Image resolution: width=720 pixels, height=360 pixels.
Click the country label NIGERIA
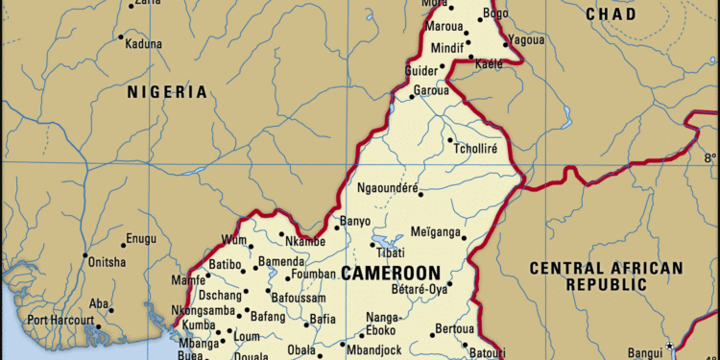[x=167, y=92]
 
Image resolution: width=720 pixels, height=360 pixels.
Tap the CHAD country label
[x=611, y=14]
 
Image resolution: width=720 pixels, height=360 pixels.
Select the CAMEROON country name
[x=391, y=274]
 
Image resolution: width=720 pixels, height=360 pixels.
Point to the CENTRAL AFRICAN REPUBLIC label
[x=606, y=276]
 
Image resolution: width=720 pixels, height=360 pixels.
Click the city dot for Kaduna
[x=121, y=37]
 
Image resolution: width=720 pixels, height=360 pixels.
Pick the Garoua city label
[x=431, y=91]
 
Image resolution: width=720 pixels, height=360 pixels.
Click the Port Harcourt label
[x=60, y=320]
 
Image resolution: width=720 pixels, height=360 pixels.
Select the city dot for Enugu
[x=122, y=244]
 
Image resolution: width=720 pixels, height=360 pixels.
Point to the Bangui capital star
[x=670, y=346]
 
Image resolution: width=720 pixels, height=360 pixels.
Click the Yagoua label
[x=525, y=40]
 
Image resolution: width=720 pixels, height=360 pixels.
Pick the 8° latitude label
[x=709, y=158]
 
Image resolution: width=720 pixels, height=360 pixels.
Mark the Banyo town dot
[x=338, y=228]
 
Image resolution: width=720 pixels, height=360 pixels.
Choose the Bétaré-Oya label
[x=420, y=287]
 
